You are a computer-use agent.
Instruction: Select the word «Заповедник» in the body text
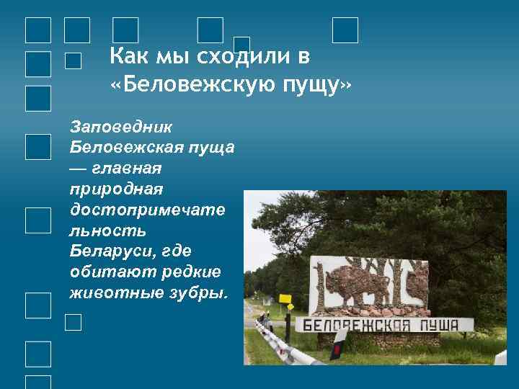[x=121, y=127]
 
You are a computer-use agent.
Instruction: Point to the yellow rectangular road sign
[x=285, y=297]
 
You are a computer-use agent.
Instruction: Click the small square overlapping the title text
[x=242, y=45]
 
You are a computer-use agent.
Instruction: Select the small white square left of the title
[x=72, y=61]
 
